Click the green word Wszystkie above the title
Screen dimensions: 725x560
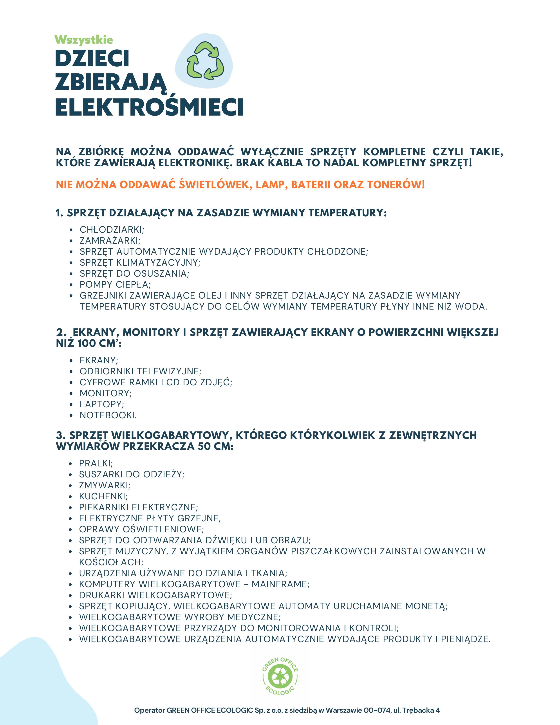[x=84, y=40]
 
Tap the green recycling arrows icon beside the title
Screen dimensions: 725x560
[x=205, y=61]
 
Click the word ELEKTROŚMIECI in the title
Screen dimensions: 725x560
[x=149, y=107]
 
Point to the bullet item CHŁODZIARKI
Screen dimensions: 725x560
[x=112, y=230]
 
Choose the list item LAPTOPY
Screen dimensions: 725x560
[x=101, y=404]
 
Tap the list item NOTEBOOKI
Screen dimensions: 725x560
[x=108, y=415]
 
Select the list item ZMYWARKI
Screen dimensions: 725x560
[x=105, y=485]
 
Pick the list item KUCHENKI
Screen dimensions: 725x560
[x=103, y=496]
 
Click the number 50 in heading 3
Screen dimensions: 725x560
[x=204, y=446]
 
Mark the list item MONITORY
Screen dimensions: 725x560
[x=105, y=393]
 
